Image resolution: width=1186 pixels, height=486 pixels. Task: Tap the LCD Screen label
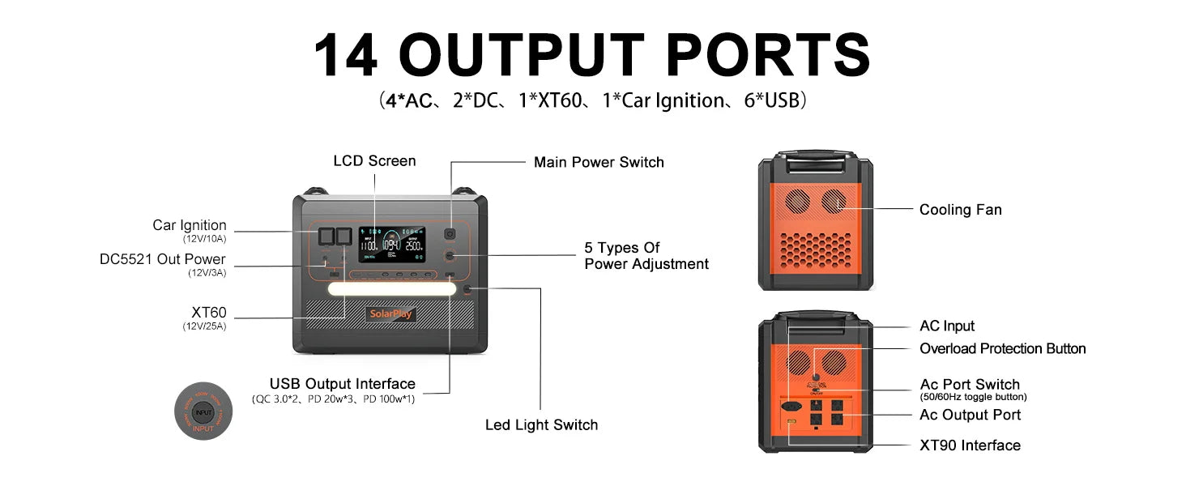pyautogui.click(x=374, y=161)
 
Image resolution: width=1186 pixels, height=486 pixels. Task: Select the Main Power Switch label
pyautogui.click(x=599, y=162)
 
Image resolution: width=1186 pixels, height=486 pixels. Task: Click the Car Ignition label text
pyautogui.click(x=190, y=225)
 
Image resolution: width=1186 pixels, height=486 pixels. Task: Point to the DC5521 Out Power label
pyautogui.click(x=163, y=259)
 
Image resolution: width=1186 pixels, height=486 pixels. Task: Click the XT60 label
pyautogui.click(x=208, y=312)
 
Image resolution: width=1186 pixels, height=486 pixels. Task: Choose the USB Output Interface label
pyautogui.click(x=342, y=384)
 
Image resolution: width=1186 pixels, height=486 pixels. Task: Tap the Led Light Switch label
pyautogui.click(x=541, y=424)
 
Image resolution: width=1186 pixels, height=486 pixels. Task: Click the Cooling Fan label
pyautogui.click(x=960, y=210)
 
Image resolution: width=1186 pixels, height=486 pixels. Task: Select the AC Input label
pyautogui.click(x=947, y=326)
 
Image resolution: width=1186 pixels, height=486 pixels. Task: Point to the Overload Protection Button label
pyautogui.click(x=1002, y=349)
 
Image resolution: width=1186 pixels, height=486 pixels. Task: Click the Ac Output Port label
pyautogui.click(x=970, y=415)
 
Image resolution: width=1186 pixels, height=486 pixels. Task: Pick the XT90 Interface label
pyautogui.click(x=970, y=446)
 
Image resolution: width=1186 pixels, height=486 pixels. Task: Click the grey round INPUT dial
pyautogui.click(x=203, y=411)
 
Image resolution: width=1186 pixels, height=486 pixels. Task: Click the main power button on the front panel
pyautogui.click(x=450, y=235)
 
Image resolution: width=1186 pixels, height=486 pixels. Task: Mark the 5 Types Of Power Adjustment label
pyautogui.click(x=646, y=256)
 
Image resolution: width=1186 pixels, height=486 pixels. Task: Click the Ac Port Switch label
pyautogui.click(x=970, y=385)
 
